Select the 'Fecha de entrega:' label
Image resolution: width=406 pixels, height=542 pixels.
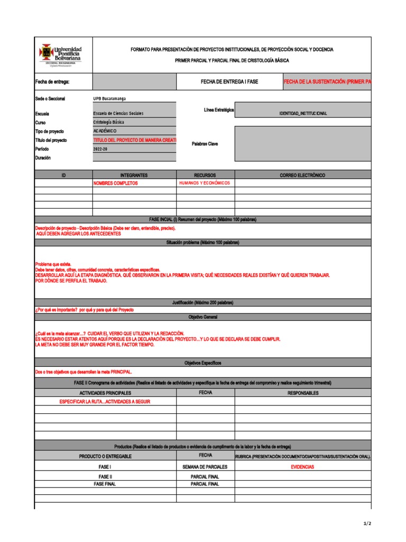tap(52, 82)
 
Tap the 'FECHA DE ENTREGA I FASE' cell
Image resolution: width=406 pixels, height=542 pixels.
tap(229, 82)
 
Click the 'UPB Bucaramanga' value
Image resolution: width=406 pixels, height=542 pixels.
tap(109, 98)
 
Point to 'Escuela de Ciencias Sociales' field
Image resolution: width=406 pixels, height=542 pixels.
tap(118, 113)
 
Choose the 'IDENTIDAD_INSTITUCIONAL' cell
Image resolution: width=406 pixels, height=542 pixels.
tap(303, 114)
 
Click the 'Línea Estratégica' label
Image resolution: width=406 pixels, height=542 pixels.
tap(219, 110)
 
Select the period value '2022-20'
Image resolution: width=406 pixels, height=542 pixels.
tap(100, 149)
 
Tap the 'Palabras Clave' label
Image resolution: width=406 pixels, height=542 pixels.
tap(205, 144)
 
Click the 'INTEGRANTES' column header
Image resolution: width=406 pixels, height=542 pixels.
tap(134, 175)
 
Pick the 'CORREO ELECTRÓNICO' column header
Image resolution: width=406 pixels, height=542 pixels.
tap(302, 175)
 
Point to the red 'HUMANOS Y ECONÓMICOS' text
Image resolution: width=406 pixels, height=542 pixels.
tap(205, 183)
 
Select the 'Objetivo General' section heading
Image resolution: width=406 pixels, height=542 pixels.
tap(202, 317)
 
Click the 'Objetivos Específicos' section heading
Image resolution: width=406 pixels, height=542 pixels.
tap(202, 363)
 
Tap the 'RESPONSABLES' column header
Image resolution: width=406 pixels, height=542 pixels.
tap(303, 393)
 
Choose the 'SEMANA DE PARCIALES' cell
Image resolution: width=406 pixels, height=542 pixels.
tap(205, 467)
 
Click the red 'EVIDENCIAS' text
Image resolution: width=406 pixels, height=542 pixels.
tap(302, 467)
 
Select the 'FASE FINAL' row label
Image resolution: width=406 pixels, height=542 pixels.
tap(105, 484)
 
